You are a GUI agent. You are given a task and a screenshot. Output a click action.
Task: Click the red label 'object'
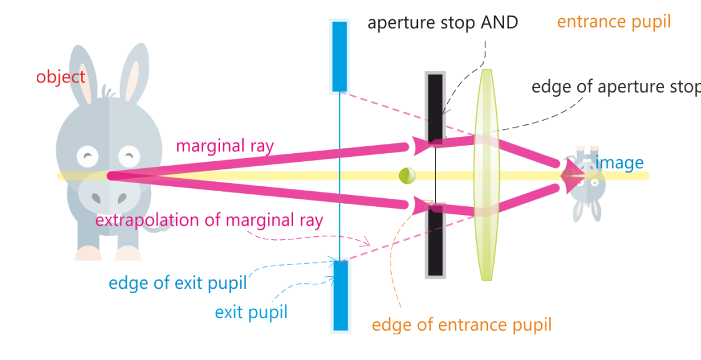click(x=61, y=77)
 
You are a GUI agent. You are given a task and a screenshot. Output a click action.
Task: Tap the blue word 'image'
click(x=619, y=163)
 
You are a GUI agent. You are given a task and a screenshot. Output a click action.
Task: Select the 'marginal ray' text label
click(x=225, y=146)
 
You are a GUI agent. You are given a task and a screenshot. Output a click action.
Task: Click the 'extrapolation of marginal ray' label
click(x=209, y=220)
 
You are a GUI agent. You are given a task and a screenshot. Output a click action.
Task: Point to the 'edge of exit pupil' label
click(x=178, y=283)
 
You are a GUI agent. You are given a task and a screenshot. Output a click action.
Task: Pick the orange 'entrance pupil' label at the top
click(x=614, y=22)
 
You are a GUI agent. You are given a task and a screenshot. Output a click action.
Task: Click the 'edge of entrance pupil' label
click(x=462, y=325)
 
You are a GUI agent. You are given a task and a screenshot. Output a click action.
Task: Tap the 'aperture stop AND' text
click(x=442, y=23)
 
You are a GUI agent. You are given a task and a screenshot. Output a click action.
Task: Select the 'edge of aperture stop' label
click(x=615, y=87)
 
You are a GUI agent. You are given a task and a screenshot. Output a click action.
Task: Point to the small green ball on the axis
click(x=407, y=176)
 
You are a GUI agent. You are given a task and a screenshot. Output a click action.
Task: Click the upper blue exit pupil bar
click(x=340, y=56)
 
